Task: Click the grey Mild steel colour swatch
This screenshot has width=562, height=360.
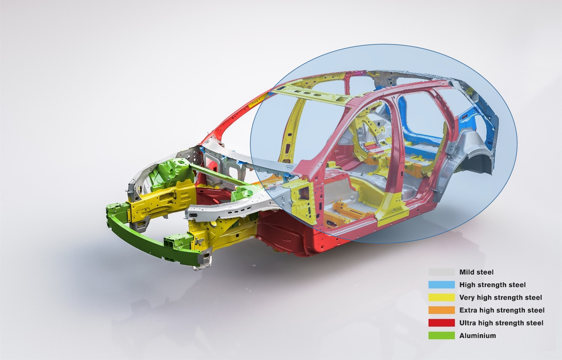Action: tap(441, 272)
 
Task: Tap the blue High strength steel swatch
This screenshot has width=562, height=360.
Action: tap(441, 285)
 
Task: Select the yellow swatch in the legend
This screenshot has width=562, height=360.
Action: tap(441, 298)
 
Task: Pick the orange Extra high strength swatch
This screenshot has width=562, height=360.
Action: tap(441, 310)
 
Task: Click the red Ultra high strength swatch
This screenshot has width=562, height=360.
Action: tap(441, 323)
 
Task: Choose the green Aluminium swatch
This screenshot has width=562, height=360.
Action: tap(441, 336)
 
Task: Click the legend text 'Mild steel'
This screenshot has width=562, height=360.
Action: tap(476, 272)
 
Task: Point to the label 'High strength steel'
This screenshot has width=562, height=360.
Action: tap(492, 285)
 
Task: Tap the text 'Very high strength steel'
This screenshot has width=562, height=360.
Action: tap(501, 298)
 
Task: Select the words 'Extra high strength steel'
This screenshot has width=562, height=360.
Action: tap(502, 310)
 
